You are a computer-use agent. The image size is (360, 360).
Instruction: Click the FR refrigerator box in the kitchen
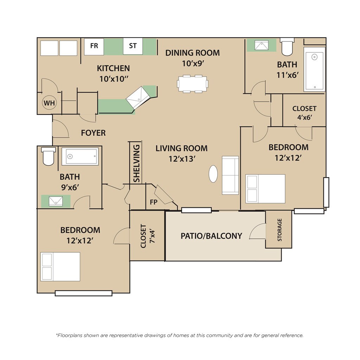94,47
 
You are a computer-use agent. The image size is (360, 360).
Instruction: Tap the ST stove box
133,46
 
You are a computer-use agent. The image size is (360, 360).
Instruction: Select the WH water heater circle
49,103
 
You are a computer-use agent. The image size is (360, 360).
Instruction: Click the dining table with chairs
193,84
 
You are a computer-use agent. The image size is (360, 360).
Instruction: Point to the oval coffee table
213,174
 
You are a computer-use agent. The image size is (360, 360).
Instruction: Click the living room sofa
230,175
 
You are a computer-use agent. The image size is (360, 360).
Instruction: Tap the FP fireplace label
154,202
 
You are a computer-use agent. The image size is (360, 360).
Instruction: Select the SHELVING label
137,163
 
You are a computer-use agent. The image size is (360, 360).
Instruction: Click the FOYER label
93,133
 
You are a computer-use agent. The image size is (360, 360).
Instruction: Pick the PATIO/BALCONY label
211,236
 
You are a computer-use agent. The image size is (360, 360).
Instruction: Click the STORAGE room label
279,230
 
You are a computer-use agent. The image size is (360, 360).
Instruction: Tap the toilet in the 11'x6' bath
287,47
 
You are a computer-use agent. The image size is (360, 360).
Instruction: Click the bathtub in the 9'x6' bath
80,156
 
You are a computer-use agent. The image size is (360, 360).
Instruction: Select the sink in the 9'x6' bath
56,201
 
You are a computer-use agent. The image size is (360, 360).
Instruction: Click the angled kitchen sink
138,97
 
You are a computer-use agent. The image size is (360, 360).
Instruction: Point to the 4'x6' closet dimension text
304,117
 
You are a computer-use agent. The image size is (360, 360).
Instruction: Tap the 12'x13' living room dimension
182,159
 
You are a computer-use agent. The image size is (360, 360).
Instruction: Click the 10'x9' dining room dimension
193,63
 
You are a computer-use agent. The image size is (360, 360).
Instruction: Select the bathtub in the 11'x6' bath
314,69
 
